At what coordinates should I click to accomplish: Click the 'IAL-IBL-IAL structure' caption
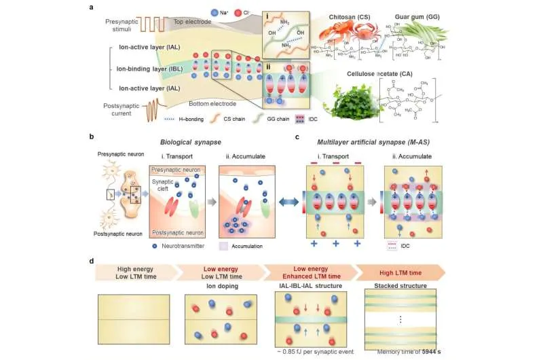(310, 285)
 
